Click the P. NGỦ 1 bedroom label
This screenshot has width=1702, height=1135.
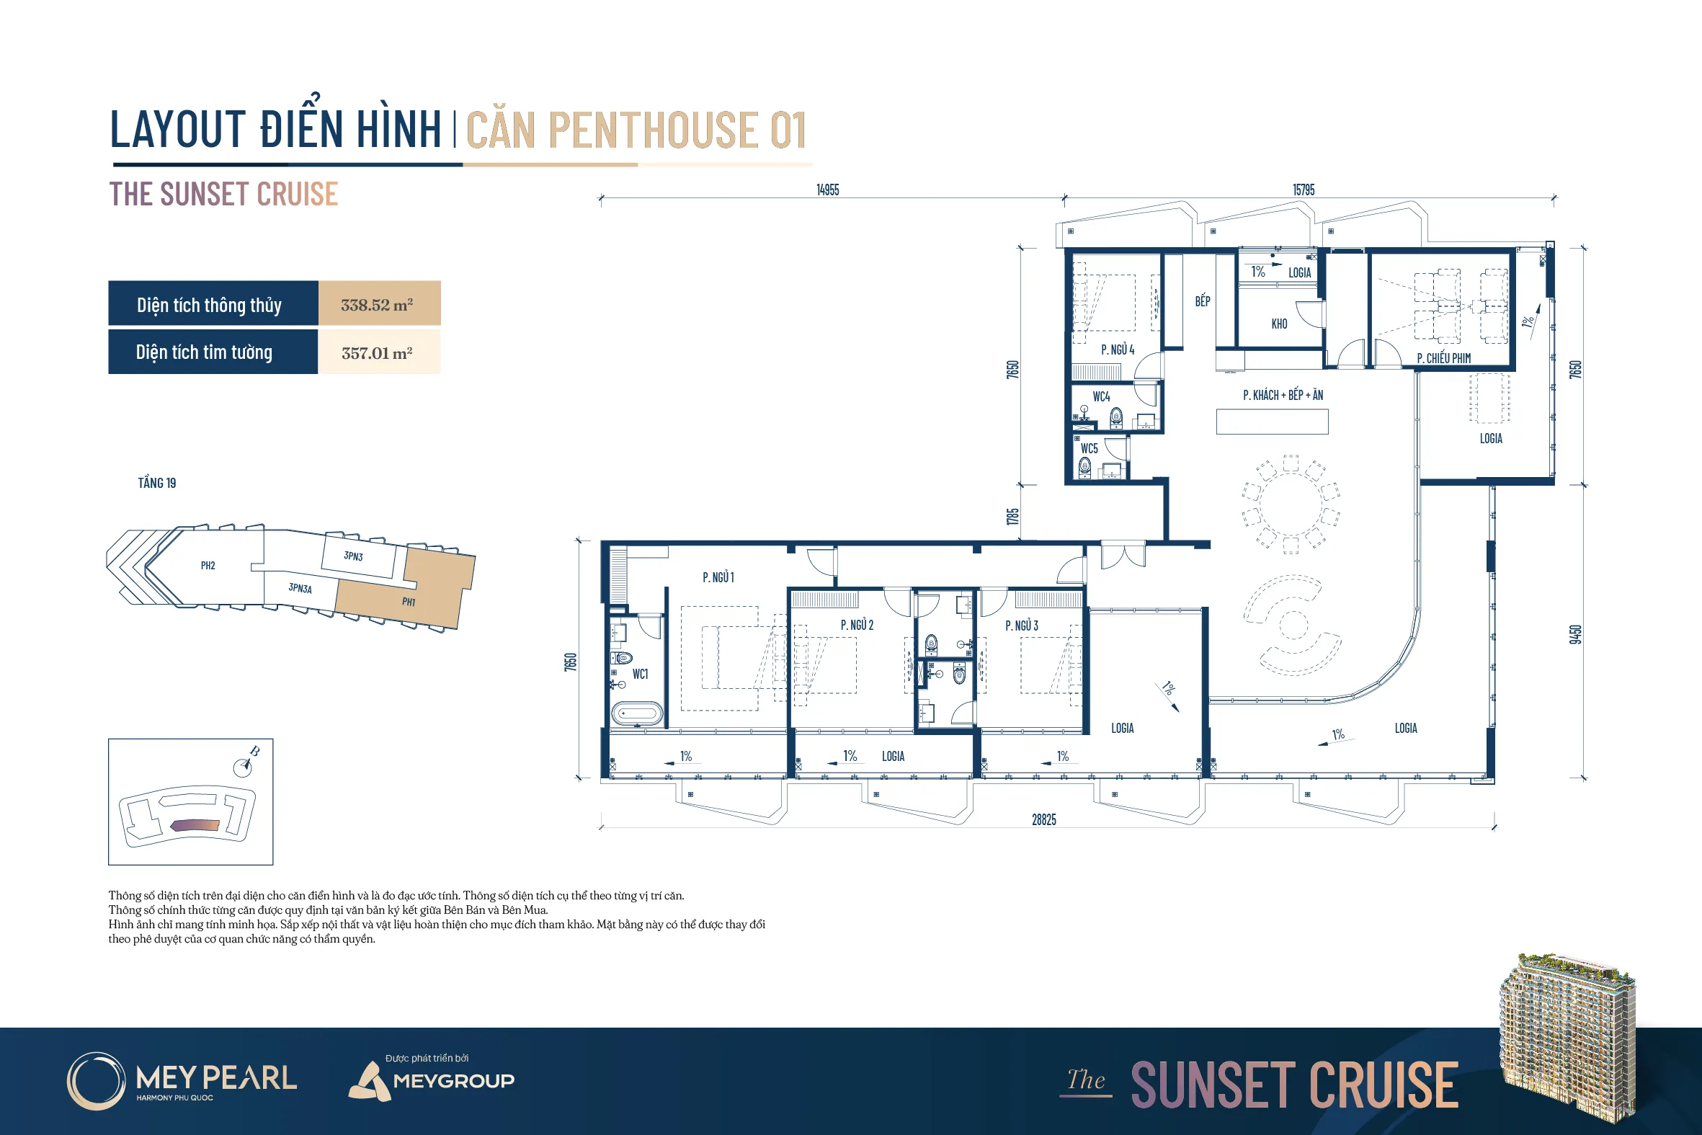[718, 577]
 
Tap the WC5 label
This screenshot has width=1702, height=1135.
[1089, 448]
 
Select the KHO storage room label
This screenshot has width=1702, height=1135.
[1280, 324]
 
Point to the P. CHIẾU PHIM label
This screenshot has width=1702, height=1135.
[1443, 357]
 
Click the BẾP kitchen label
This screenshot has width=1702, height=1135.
[1203, 301]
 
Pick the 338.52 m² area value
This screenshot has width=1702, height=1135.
[377, 305]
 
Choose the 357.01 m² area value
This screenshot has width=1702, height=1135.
[377, 352]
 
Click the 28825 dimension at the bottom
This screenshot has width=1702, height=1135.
[1043, 819]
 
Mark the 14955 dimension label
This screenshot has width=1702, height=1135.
[828, 190]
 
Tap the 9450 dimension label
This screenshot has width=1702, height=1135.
[1575, 634]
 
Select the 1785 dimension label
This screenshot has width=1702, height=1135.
[1012, 517]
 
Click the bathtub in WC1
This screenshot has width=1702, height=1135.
[637, 713]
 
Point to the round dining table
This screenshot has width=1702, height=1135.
[1291, 504]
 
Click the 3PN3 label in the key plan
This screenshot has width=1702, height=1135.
[353, 556]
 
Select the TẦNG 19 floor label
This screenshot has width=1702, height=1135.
[157, 483]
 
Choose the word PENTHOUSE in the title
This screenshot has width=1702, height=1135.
[654, 130]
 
